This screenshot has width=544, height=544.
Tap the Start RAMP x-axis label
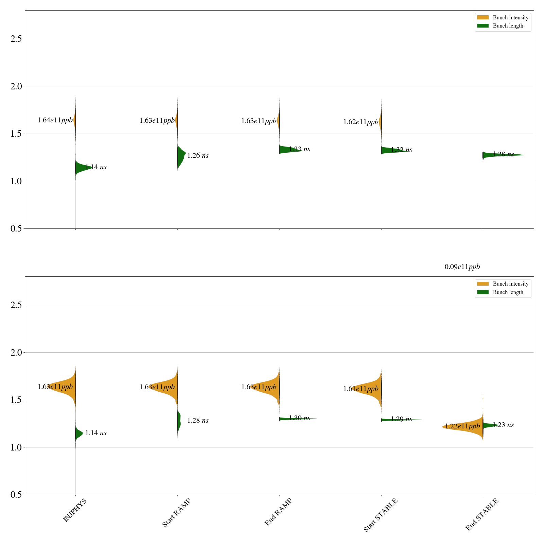[x=176, y=513]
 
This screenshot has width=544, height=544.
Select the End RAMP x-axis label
[x=278, y=512]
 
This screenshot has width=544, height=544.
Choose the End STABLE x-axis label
[x=482, y=514]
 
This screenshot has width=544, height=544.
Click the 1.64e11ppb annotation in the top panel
[x=55, y=120]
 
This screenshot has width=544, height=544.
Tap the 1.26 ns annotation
[x=198, y=156]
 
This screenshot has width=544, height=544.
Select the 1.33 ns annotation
[x=300, y=149]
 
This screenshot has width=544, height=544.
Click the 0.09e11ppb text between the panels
[x=462, y=267]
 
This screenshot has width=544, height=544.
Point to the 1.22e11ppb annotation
[x=462, y=426]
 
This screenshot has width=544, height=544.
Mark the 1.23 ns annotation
[x=503, y=425]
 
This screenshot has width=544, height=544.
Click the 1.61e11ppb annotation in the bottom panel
[x=361, y=389]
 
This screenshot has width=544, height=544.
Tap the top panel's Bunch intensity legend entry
[x=503, y=18]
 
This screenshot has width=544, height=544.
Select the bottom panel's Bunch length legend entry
[x=503, y=292]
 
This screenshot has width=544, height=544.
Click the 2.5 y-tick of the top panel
[x=16, y=39]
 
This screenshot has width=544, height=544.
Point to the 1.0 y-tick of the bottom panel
[x=16, y=447]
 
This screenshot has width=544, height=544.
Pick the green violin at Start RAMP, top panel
[x=181, y=156]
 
